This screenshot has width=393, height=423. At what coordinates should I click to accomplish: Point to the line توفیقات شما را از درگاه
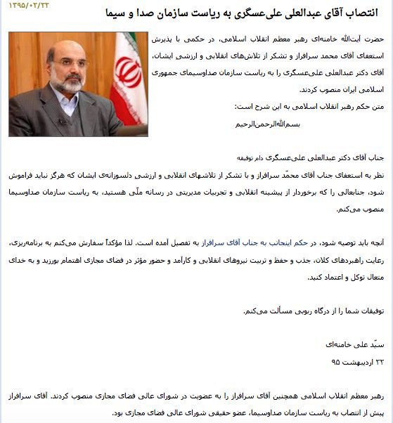point(316,310)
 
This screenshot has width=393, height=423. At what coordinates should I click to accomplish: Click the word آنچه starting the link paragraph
point(376,242)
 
